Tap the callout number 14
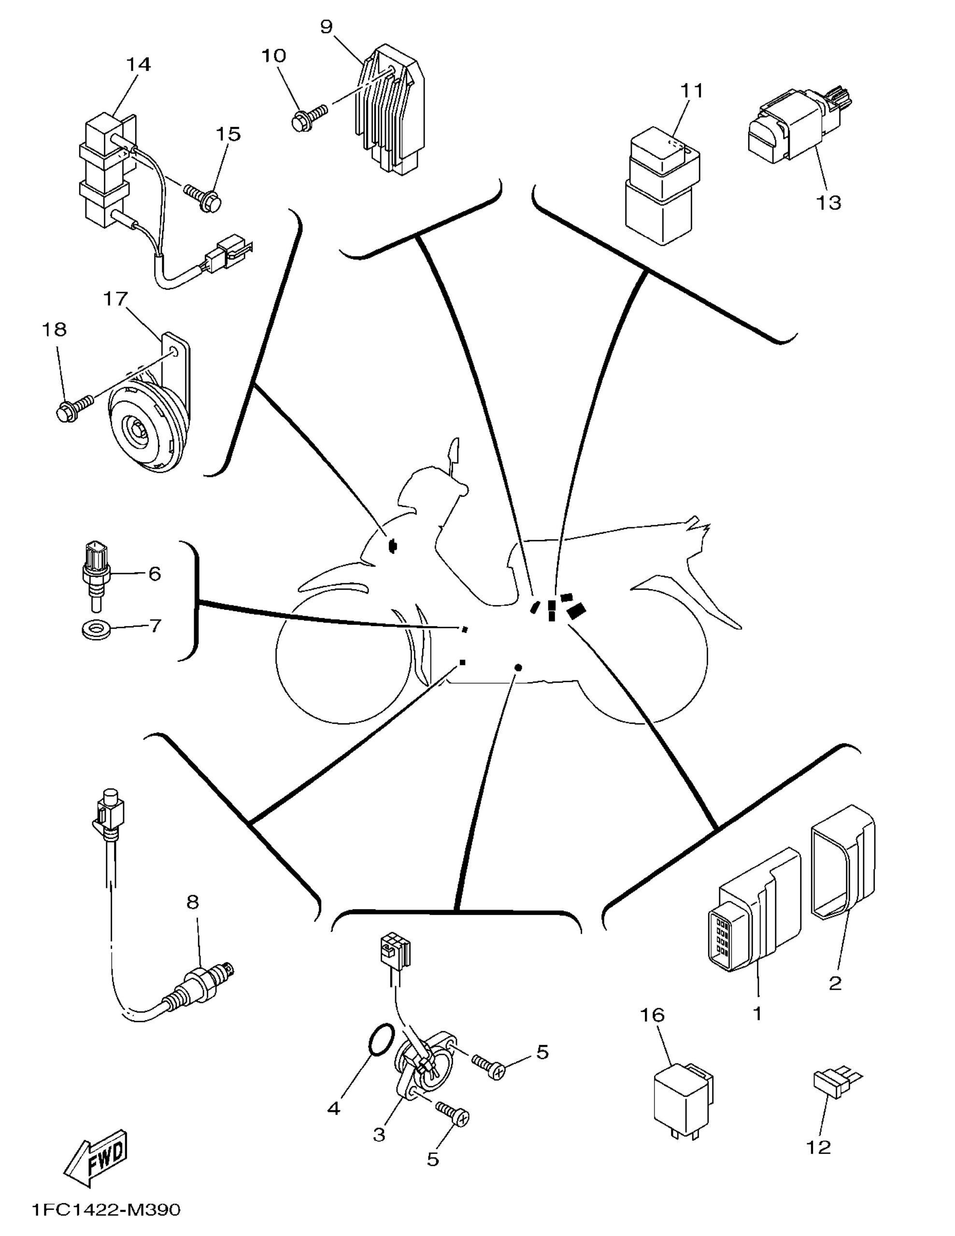[139, 65]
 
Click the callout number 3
[379, 1134]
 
